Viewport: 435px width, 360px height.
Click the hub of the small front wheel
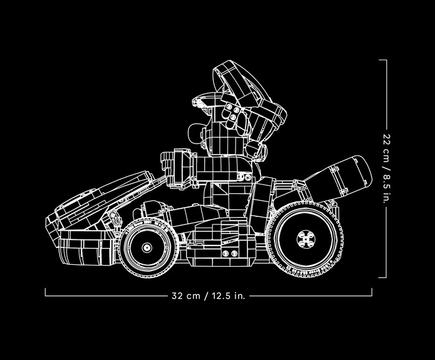click(x=147, y=247)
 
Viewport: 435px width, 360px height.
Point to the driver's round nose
click(x=193, y=132)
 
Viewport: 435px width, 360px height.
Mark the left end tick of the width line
click(x=45, y=292)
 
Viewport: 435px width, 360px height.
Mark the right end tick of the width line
click(x=372, y=292)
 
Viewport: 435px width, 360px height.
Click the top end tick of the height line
click(x=382, y=60)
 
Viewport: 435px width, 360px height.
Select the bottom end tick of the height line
click(x=382, y=277)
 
